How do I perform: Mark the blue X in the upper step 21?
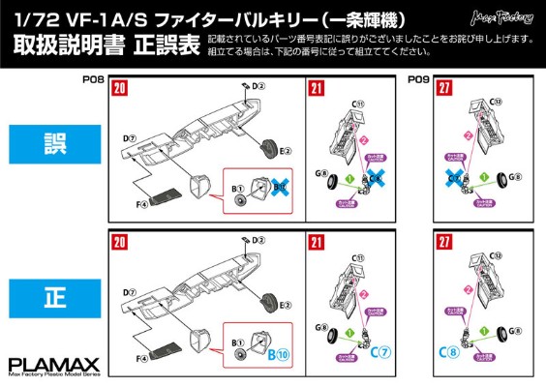tap(374, 179)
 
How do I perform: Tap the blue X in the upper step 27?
tap(454, 180)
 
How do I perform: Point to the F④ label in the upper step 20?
tap(141, 205)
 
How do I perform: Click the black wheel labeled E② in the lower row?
tap(266, 301)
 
